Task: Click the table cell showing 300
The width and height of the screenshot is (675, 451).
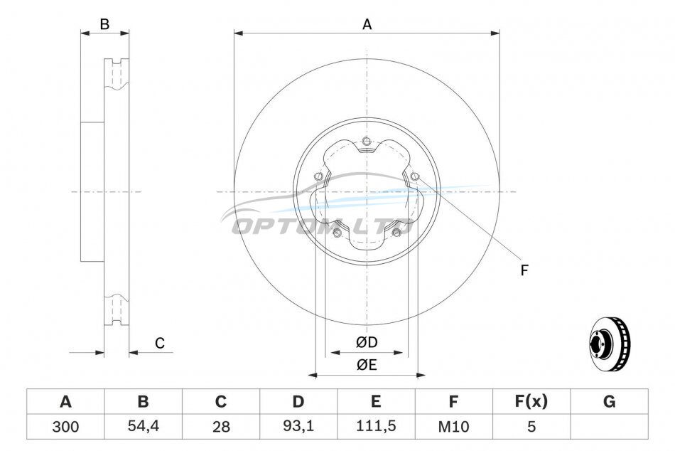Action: tap(65, 426)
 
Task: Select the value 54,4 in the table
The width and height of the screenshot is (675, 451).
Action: tap(144, 426)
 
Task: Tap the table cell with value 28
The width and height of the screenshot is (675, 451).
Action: tap(221, 426)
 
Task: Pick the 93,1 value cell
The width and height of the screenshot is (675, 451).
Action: tap(298, 426)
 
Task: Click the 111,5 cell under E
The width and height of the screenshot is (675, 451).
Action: tap(376, 426)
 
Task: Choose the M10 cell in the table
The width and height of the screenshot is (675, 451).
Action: tap(453, 426)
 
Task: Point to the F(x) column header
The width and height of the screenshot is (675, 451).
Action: tap(531, 401)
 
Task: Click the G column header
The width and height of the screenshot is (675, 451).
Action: tap(609, 401)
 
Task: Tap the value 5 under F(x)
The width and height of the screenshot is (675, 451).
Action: tap(531, 426)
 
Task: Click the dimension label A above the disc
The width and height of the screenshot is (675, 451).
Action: tap(367, 25)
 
